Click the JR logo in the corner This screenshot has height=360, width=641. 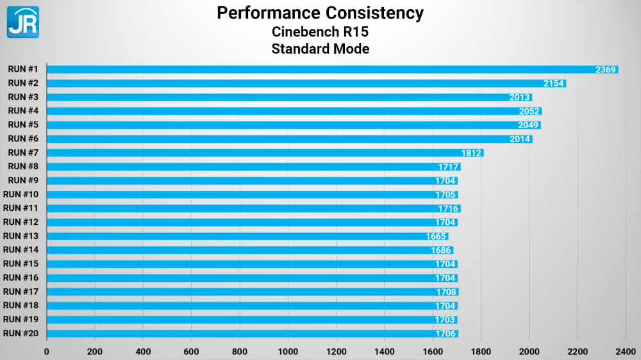point(23,22)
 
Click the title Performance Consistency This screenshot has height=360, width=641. point(320,13)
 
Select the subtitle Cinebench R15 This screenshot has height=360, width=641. point(320,32)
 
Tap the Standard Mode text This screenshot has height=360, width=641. point(320,49)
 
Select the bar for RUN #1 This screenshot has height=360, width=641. point(332,69)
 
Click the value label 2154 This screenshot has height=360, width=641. point(554,83)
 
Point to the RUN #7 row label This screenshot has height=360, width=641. point(23,153)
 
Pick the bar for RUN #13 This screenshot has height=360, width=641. point(247,236)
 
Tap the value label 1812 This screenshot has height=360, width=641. point(471,153)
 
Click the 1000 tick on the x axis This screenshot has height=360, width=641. point(288,352)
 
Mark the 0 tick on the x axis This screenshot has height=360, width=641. point(47,352)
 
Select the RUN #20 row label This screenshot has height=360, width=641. point(21,334)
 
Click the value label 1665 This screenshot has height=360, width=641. point(436,236)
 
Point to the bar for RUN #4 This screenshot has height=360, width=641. point(294,111)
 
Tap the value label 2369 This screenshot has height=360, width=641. point(606,69)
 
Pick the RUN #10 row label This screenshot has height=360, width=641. point(21,195)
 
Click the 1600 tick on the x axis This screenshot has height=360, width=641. point(433,352)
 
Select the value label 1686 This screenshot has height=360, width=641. point(441,250)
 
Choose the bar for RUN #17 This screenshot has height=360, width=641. point(253,291)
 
